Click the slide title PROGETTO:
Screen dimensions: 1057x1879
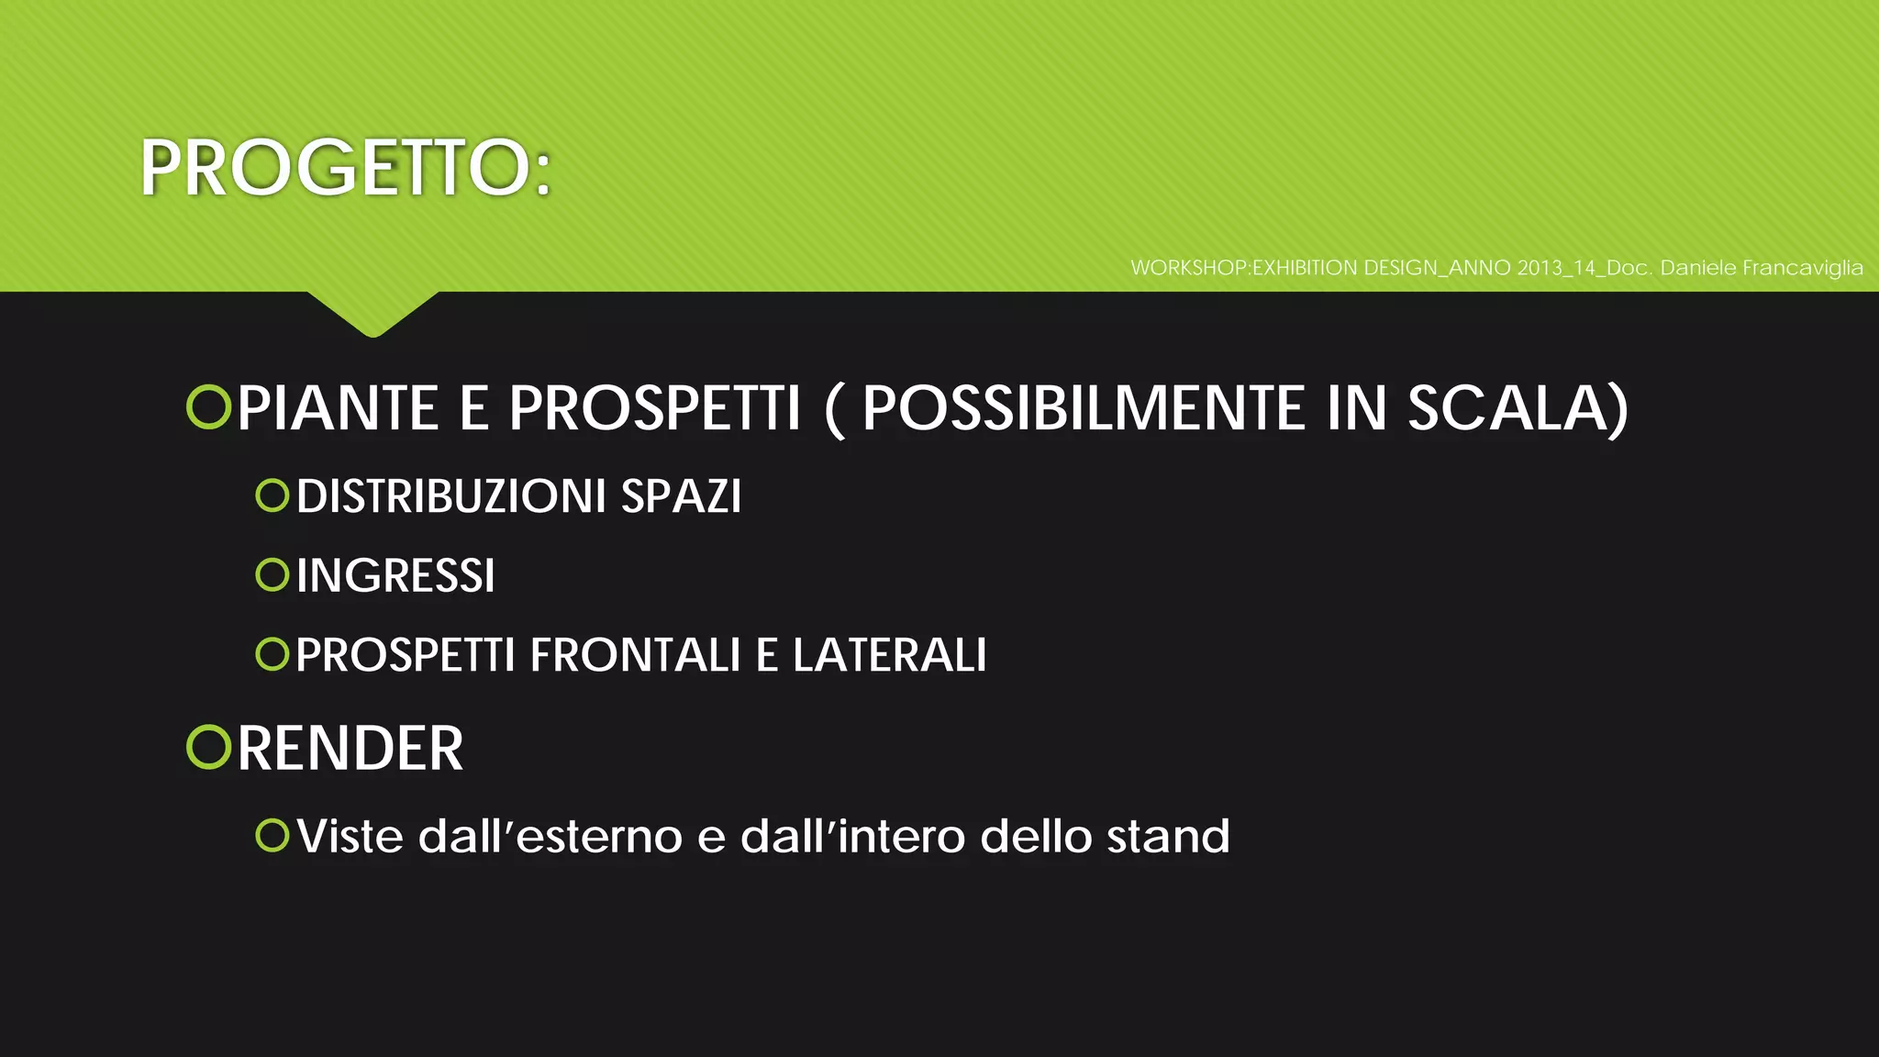click(345, 169)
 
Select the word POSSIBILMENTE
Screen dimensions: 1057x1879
click(1083, 408)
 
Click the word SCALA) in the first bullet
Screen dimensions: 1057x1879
click(1518, 408)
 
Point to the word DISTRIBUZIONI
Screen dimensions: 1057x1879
click(450, 496)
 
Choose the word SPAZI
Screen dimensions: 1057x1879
click(681, 496)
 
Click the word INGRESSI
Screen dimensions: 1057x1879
click(395, 576)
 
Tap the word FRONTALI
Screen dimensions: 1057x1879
click(635, 655)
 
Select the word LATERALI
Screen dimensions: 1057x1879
click(889, 655)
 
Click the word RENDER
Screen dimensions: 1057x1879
click(350, 749)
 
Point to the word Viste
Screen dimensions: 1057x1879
click(350, 837)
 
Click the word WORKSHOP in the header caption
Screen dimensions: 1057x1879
click(1189, 268)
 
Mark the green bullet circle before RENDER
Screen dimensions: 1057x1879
click(208, 747)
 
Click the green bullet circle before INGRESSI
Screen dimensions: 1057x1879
click(272, 575)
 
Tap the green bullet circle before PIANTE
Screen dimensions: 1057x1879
click(208, 407)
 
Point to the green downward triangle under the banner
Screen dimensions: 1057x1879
click(372, 313)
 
